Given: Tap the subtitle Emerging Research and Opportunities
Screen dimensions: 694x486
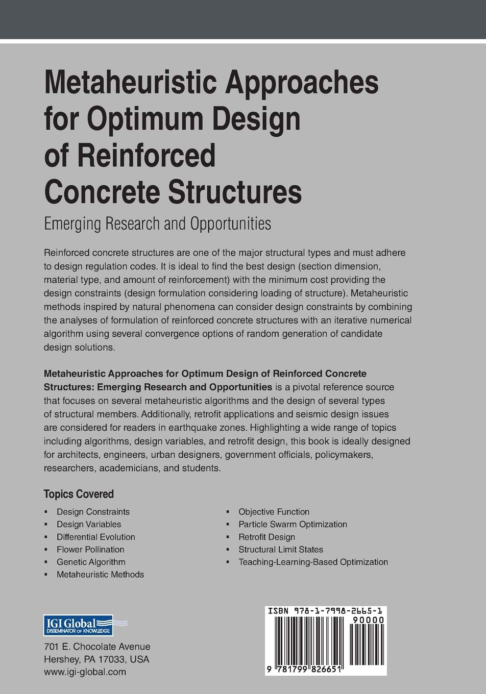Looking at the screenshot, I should click(157, 224).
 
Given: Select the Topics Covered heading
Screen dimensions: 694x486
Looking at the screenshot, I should click(79, 494).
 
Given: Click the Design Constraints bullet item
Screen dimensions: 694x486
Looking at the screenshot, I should click(93, 512).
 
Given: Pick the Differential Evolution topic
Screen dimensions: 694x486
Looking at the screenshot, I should click(96, 537).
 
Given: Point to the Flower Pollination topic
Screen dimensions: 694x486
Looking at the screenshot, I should click(90, 550).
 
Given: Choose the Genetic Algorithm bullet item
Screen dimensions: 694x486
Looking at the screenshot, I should click(91, 562).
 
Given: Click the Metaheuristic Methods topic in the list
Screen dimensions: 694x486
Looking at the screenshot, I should click(100, 575).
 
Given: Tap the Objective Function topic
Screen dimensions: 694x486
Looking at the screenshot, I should click(274, 512).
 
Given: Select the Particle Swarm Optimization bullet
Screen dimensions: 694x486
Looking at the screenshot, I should click(293, 524).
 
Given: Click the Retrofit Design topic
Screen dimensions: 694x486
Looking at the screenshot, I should click(266, 537).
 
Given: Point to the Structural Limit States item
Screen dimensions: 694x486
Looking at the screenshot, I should click(280, 550).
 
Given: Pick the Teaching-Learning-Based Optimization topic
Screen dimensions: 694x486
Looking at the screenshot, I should click(313, 562).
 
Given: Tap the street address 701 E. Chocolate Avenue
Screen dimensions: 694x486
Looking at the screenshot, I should click(97, 647).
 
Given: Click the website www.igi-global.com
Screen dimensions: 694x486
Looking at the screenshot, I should click(85, 672).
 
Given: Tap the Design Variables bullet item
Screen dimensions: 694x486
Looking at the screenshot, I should click(89, 524).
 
